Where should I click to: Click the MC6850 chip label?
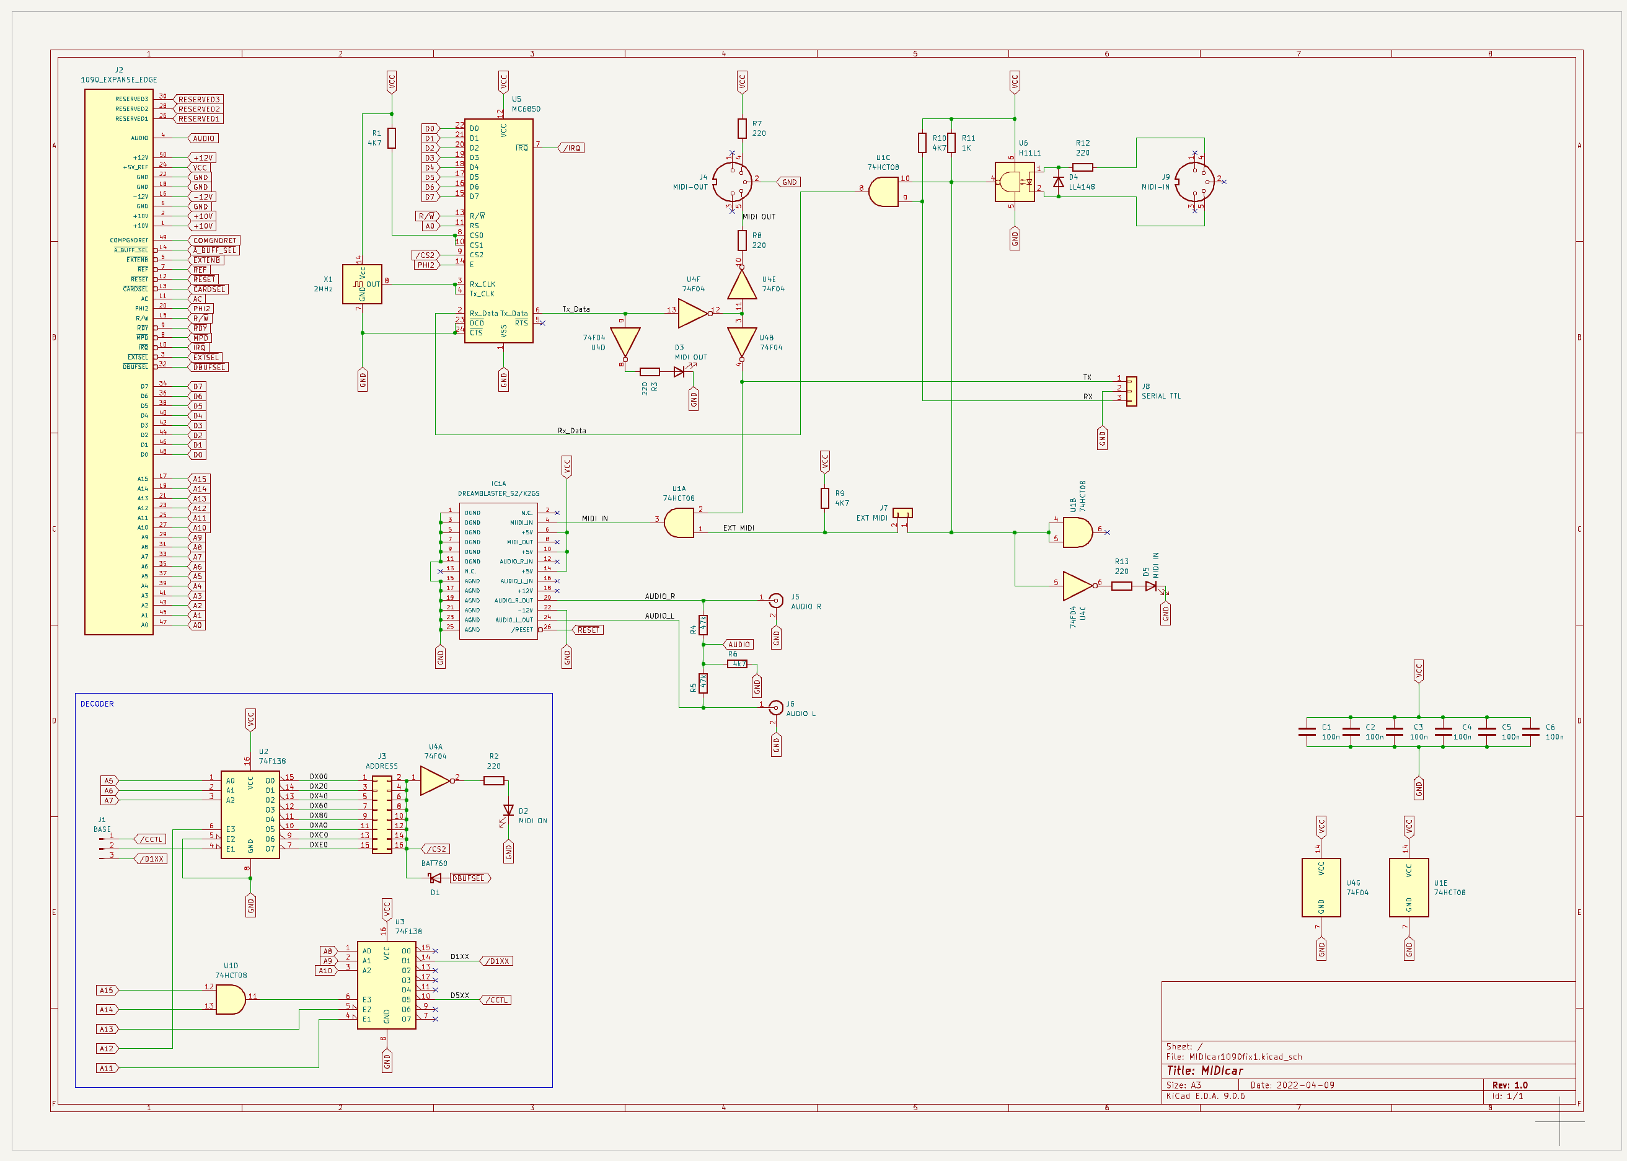(x=526, y=109)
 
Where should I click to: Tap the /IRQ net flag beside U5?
(x=572, y=148)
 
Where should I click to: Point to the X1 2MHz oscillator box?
(x=362, y=285)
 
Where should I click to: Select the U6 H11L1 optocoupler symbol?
(x=1015, y=182)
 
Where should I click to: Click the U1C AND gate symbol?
(x=884, y=192)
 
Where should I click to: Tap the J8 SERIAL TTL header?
(x=1131, y=391)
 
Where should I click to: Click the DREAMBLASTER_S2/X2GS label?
(x=498, y=493)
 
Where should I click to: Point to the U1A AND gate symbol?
(x=679, y=523)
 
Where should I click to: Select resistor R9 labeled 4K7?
(x=824, y=498)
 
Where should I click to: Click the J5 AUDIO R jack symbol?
(x=775, y=601)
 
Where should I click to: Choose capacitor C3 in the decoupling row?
(x=1395, y=732)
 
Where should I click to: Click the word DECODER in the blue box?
(x=97, y=704)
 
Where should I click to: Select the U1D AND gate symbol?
(x=230, y=999)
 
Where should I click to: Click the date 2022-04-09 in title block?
(x=1305, y=1085)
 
